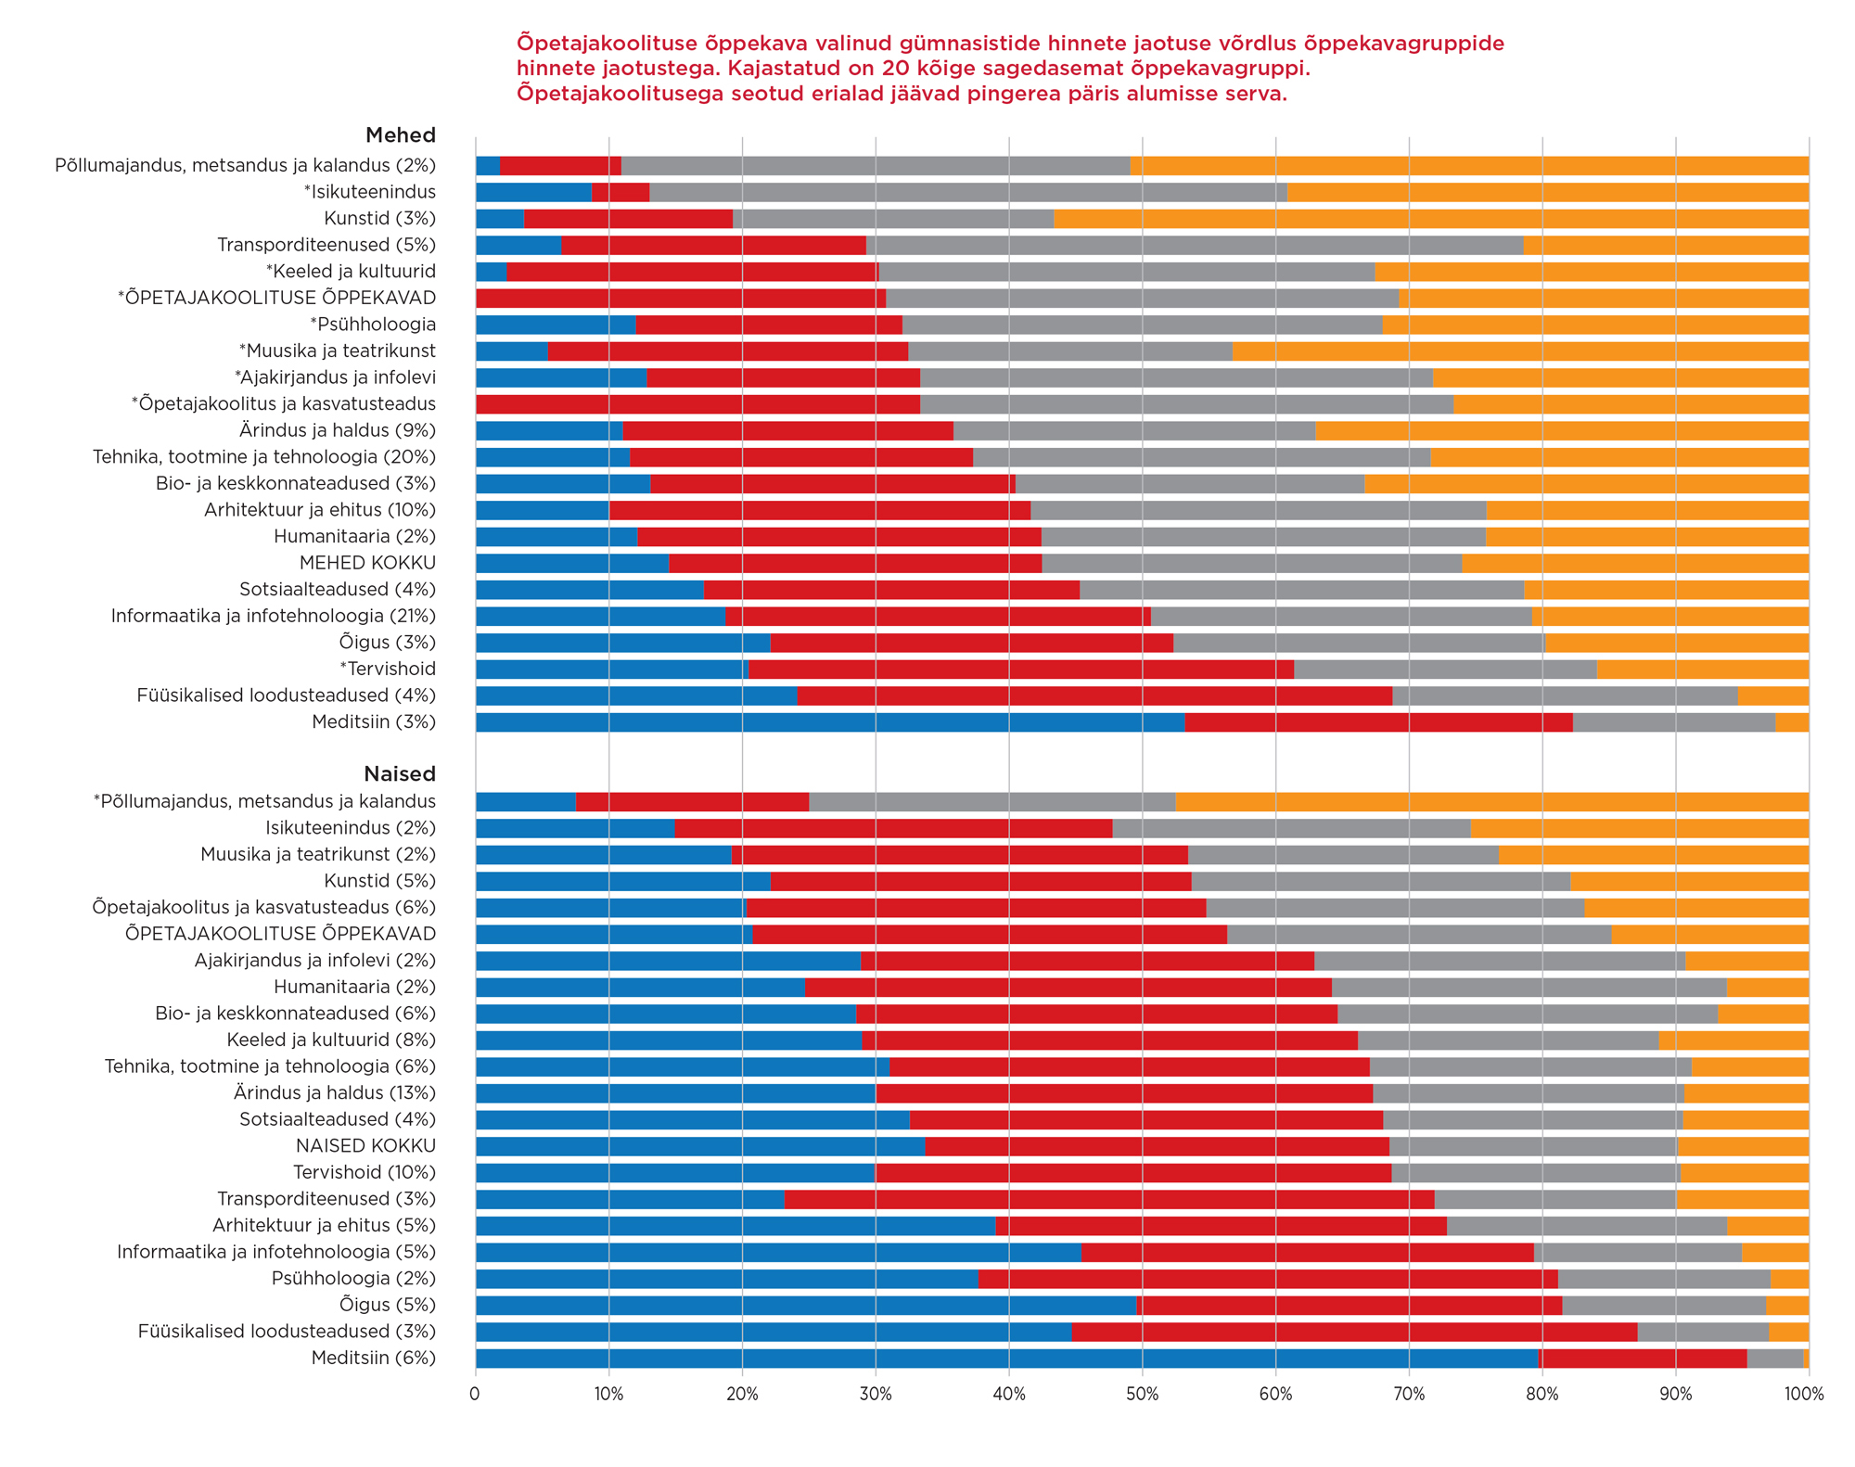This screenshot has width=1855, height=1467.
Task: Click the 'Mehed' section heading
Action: coord(400,135)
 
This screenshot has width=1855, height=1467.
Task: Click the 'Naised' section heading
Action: coord(399,774)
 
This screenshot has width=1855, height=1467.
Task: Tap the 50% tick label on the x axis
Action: coord(1142,1395)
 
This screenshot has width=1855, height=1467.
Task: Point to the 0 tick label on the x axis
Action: coord(475,1395)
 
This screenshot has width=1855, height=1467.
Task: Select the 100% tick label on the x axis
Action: coord(1804,1395)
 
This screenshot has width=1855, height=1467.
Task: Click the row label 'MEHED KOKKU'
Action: coord(367,563)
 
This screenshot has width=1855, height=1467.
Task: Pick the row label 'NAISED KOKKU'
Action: coord(365,1146)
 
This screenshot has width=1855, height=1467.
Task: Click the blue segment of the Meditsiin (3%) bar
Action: coord(830,722)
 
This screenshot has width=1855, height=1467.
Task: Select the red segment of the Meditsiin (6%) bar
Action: coord(1643,1359)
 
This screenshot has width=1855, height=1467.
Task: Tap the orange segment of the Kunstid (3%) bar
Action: coord(1431,219)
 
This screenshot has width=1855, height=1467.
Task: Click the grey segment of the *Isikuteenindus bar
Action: coord(968,192)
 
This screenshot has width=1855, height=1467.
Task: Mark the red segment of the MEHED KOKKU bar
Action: coord(855,563)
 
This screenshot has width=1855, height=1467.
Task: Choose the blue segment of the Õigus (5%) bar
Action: coord(806,1306)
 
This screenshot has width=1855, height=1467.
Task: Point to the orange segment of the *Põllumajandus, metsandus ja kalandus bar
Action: coord(1491,802)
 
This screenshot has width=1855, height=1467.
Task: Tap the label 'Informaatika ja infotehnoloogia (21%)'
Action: coord(274,616)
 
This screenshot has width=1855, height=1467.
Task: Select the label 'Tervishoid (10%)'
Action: coord(365,1173)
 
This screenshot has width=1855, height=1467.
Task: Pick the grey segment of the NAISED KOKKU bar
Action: coord(1533,1146)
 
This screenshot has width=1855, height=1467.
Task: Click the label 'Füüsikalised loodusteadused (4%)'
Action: coord(286,695)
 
